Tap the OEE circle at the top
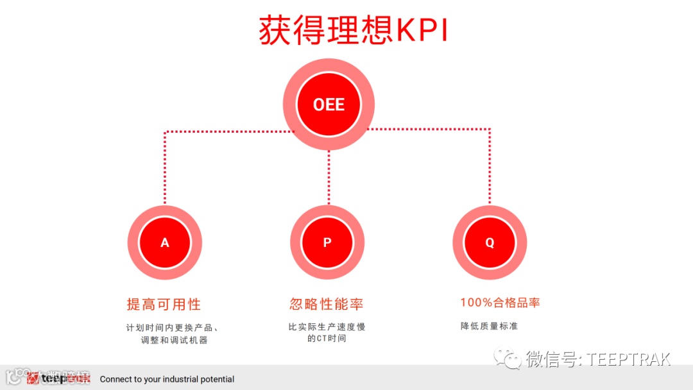click(329, 104)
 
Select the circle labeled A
click(165, 242)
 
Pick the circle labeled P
click(327, 242)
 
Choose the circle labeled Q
click(490, 242)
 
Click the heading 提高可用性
click(164, 304)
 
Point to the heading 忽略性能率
click(327, 303)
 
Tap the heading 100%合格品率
click(500, 303)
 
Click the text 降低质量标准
click(489, 326)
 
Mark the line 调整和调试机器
click(175, 340)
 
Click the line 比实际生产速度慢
click(327, 327)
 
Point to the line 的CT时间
click(327, 339)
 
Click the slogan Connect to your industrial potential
click(167, 379)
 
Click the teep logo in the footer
click(58, 378)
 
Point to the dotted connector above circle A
click(165, 167)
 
